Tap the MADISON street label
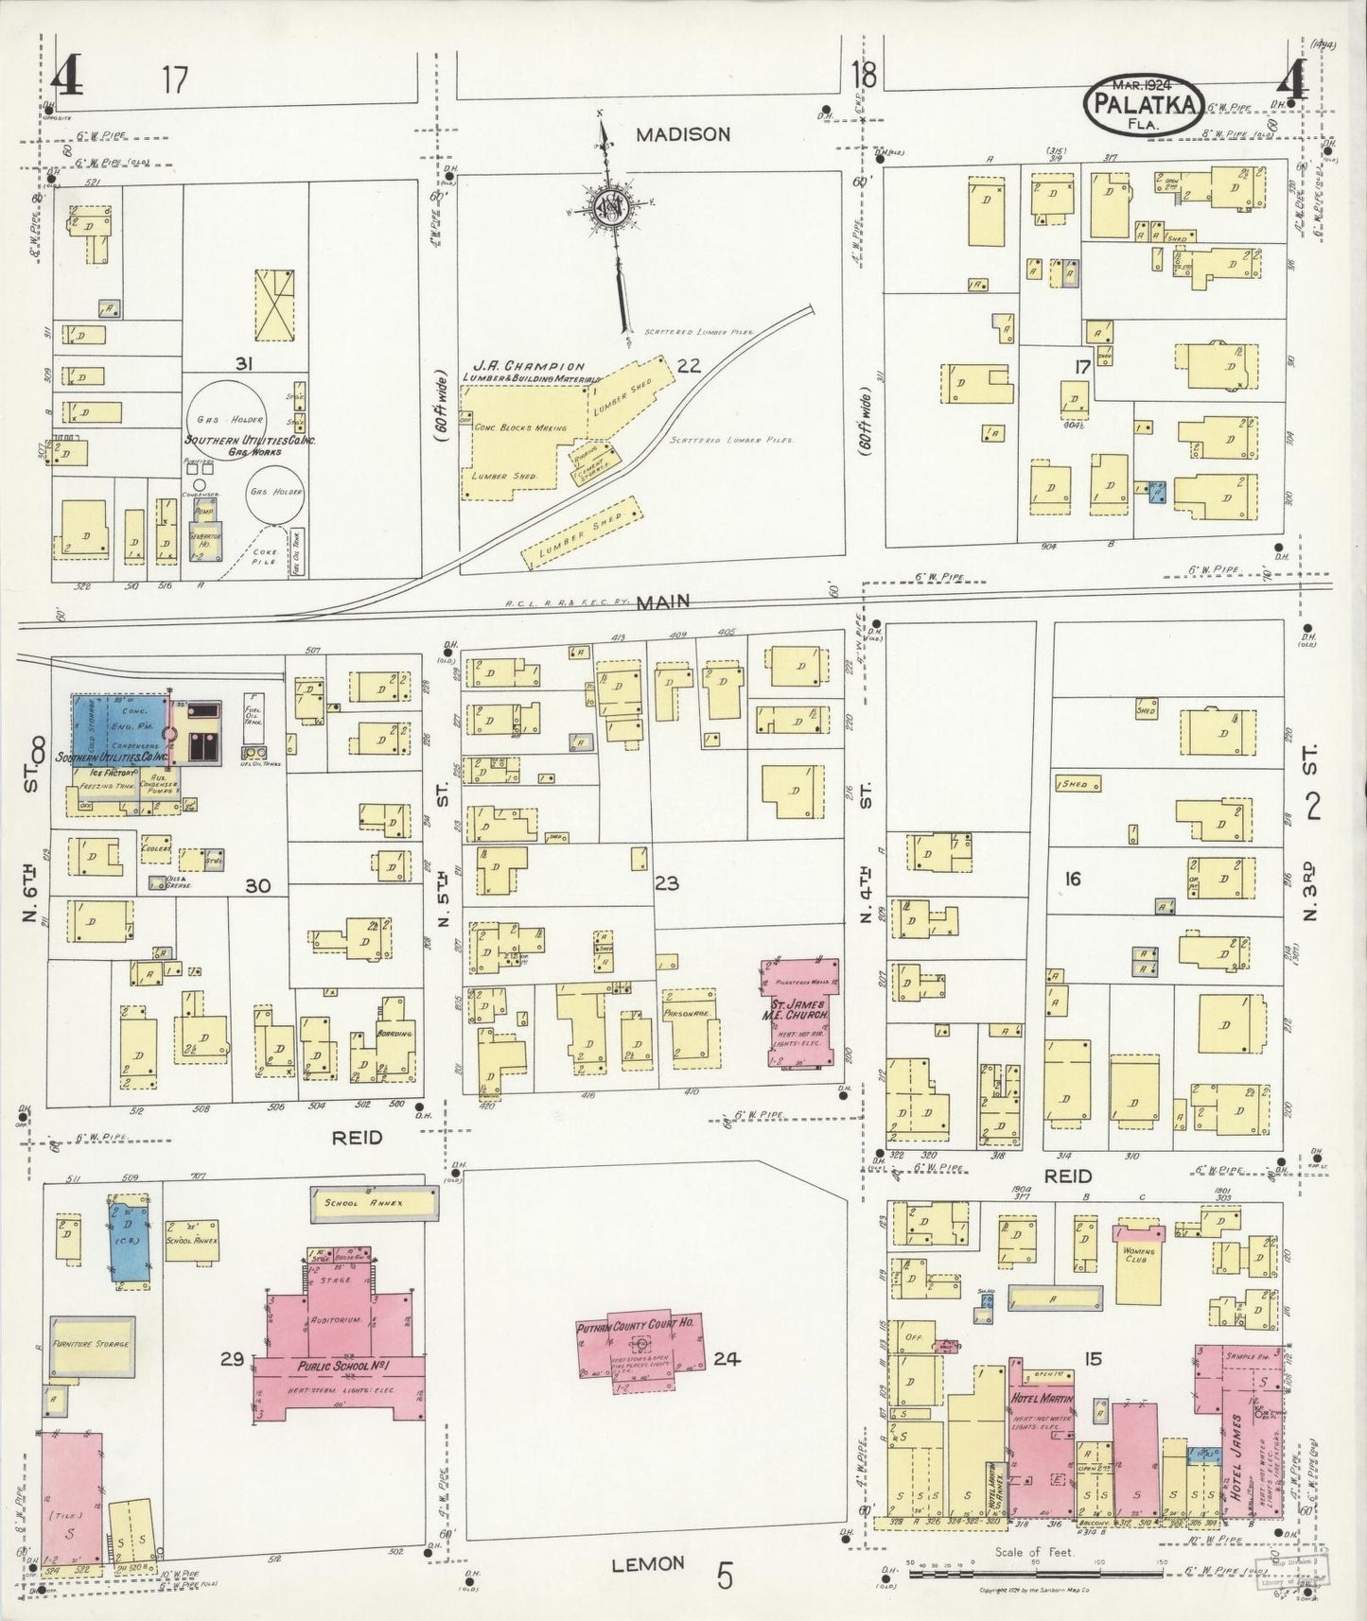[x=682, y=134]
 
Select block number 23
[x=666, y=883]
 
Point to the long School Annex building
[x=374, y=1204]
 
